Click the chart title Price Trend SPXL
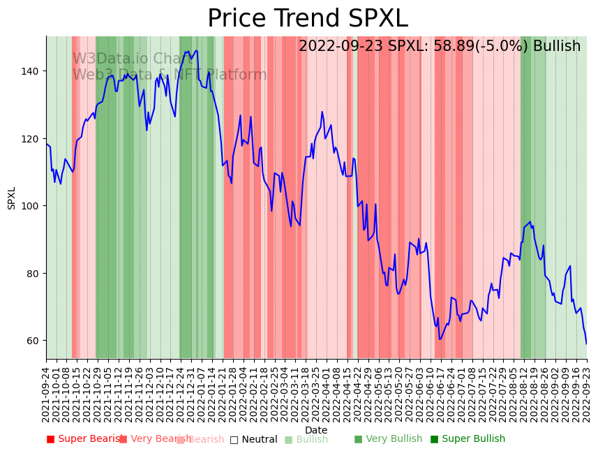tap(307, 19)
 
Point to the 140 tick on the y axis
tap(33, 71)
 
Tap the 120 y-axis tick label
tap(33, 139)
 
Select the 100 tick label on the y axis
tap(33, 206)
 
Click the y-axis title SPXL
tap(12, 198)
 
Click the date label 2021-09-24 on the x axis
tap(47, 394)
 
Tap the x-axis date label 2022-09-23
tap(586, 394)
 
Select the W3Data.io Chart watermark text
tap(133, 59)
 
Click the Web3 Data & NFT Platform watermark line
tap(170, 75)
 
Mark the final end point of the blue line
tap(586, 343)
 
